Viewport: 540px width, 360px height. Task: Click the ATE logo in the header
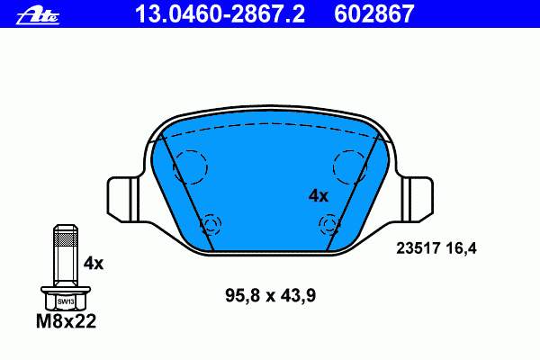pos(38,16)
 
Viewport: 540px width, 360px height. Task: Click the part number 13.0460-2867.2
pos(220,14)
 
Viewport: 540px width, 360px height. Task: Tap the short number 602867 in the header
pos(373,14)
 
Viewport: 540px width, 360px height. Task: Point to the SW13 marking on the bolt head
pos(66,301)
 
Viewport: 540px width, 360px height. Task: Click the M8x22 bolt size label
pos(66,321)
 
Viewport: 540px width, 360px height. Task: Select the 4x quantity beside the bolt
pos(94,264)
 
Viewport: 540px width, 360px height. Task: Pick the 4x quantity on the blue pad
pos(319,196)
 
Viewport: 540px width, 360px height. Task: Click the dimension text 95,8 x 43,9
pos(270,295)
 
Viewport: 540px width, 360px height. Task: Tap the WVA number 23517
pos(418,248)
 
